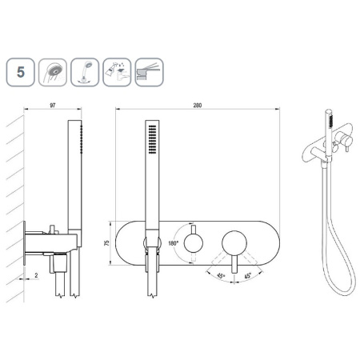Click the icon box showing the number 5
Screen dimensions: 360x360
pos(21,72)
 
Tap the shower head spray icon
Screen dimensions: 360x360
pos(53,72)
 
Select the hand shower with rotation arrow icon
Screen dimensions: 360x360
pos(85,72)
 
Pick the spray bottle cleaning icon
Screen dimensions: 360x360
pos(117,72)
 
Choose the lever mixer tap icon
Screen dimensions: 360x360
pos(149,72)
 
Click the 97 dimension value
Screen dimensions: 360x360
pos(53,106)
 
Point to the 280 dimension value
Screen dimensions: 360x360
pos(198,106)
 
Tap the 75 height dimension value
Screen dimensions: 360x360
pos(107,243)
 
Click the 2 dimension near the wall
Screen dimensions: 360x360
pos(36,275)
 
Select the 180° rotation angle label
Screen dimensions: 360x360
pos(173,243)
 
